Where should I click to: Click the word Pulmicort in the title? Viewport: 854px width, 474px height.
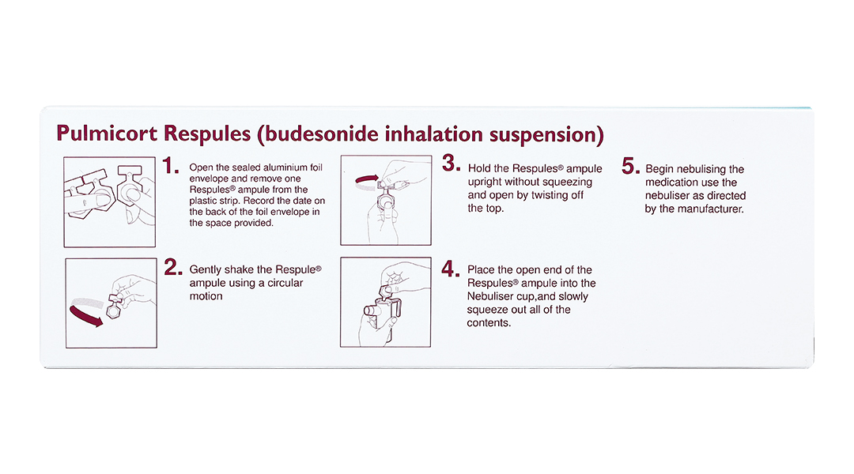[107, 134]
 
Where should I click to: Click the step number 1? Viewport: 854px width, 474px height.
[171, 165]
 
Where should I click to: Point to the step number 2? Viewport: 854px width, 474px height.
[173, 267]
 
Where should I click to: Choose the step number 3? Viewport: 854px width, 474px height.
[451, 163]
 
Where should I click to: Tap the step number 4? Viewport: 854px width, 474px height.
[451, 269]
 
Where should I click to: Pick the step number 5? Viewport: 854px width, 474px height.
[630, 166]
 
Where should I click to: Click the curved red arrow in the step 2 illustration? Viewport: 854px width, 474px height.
[85, 318]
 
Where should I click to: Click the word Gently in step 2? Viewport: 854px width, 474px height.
[206, 270]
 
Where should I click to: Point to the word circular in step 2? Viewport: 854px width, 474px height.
[285, 283]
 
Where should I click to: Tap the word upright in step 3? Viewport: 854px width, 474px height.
[485, 182]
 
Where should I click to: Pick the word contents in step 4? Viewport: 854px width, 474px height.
[489, 323]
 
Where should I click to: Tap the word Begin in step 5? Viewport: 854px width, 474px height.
[658, 170]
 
